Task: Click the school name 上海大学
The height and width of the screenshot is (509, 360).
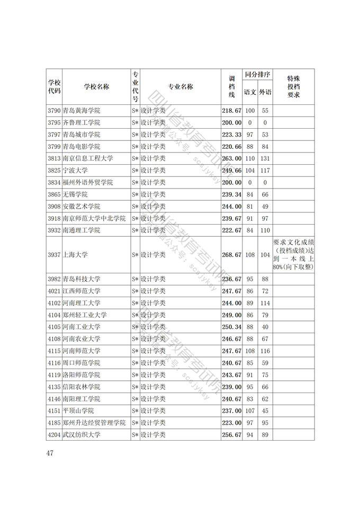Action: pyautogui.click(x=75, y=255)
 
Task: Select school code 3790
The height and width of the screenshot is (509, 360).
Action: pyautogui.click(x=54, y=111)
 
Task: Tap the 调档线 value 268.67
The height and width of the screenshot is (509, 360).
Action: pyautogui.click(x=231, y=255)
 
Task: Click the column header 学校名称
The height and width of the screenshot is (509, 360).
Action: pyautogui.click(x=96, y=87)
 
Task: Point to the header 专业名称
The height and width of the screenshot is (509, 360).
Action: pyautogui.click(x=181, y=87)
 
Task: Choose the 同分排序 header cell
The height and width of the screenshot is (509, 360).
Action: pyautogui.click(x=258, y=75)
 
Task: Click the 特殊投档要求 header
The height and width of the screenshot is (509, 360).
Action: pyautogui.click(x=293, y=87)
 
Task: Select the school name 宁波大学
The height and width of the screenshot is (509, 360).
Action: pyautogui.click(x=75, y=171)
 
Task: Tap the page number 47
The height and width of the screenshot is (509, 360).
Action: pyautogui.click(x=51, y=453)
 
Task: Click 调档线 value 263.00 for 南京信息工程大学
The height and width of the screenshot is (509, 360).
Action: pyautogui.click(x=231, y=158)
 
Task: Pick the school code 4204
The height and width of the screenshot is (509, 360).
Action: pyautogui.click(x=54, y=435)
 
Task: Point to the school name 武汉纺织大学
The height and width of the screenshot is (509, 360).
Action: pyautogui.click(x=81, y=435)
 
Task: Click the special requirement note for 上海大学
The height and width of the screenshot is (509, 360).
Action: pyautogui.click(x=293, y=255)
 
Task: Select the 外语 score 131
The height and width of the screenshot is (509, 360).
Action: pyautogui.click(x=265, y=158)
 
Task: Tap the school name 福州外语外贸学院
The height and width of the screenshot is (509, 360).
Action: pyautogui.click(x=87, y=182)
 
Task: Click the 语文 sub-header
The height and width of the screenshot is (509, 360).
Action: pyautogui.click(x=250, y=92)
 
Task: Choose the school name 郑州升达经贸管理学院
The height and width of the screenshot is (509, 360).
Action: pyautogui.click(x=94, y=423)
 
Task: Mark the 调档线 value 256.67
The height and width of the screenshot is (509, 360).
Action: pyautogui.click(x=231, y=435)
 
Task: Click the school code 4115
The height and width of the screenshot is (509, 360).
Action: pyautogui.click(x=54, y=351)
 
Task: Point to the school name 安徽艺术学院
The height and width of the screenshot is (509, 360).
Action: pyautogui.click(x=81, y=207)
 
